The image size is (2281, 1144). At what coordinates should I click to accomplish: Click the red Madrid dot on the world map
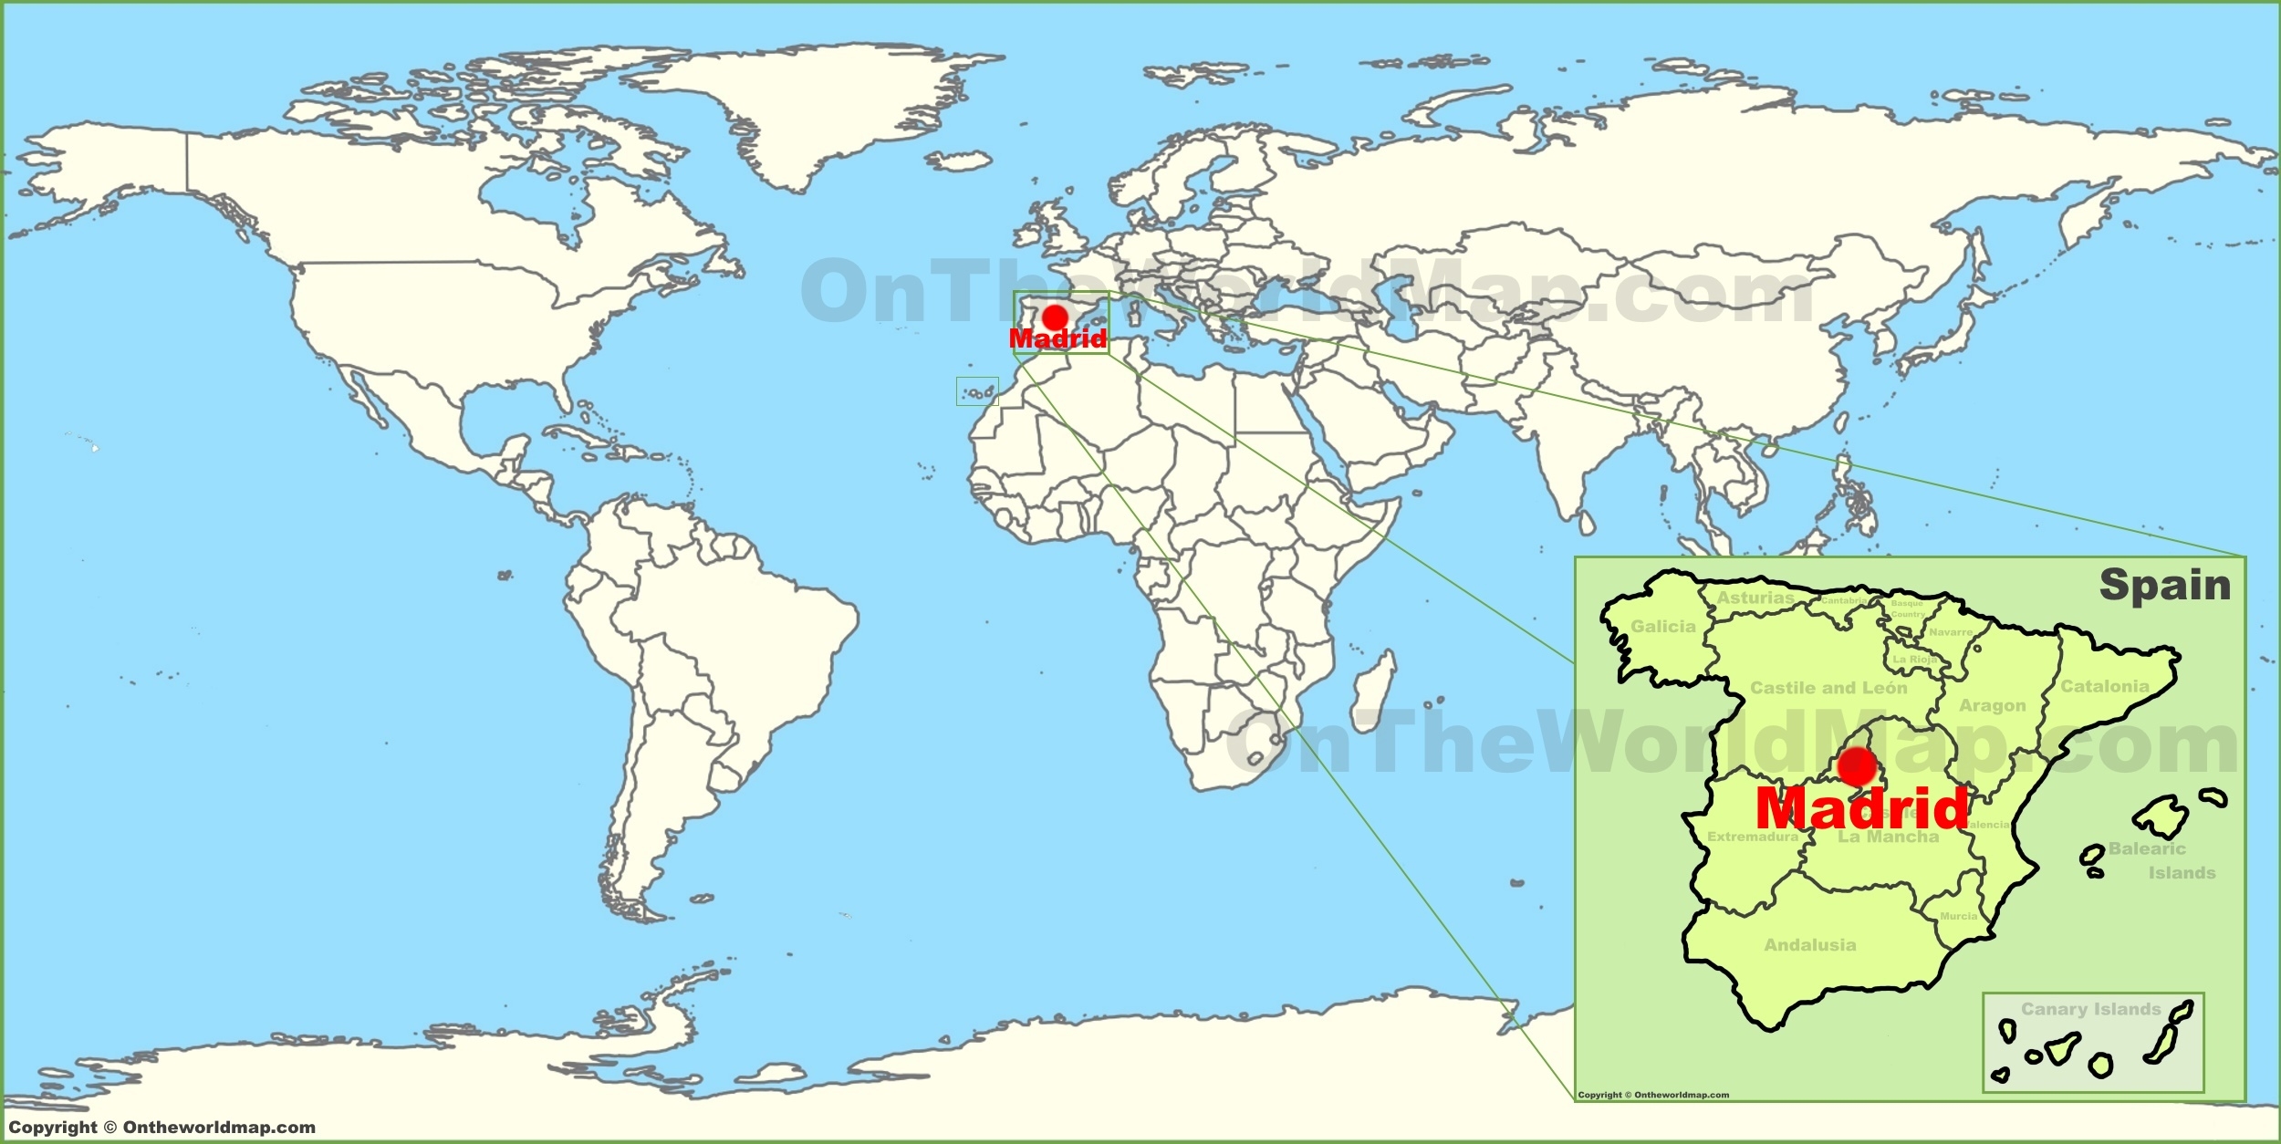pyautogui.click(x=1055, y=317)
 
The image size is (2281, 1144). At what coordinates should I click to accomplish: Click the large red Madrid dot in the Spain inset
pyautogui.click(x=1857, y=766)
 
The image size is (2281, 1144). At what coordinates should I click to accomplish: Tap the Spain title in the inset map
pyautogui.click(x=2165, y=585)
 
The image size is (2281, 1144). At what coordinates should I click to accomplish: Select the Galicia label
pyautogui.click(x=1663, y=627)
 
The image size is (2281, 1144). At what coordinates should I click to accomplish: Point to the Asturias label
pyautogui.click(x=1755, y=598)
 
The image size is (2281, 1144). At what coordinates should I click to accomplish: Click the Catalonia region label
pyautogui.click(x=2105, y=686)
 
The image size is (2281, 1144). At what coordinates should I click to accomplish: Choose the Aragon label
pyautogui.click(x=1993, y=705)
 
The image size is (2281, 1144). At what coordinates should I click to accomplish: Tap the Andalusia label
pyautogui.click(x=1810, y=945)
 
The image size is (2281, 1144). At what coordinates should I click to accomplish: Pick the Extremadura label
pyautogui.click(x=1753, y=837)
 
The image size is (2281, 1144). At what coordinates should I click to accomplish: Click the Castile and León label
pyautogui.click(x=1828, y=688)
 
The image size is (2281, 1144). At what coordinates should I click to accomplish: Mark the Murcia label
pyautogui.click(x=1959, y=916)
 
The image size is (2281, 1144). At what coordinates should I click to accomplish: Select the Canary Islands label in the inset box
pyautogui.click(x=2091, y=1009)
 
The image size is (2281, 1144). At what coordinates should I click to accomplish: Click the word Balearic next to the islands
pyautogui.click(x=2147, y=848)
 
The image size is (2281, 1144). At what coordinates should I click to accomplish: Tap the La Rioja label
pyautogui.click(x=1913, y=659)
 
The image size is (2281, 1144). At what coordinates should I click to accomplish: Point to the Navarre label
pyautogui.click(x=1951, y=632)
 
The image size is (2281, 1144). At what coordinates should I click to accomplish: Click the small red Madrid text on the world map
pyautogui.click(x=1057, y=338)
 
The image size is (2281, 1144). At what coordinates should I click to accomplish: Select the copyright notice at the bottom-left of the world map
pyautogui.click(x=161, y=1128)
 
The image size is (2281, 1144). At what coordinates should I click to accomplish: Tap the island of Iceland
pyautogui.click(x=959, y=162)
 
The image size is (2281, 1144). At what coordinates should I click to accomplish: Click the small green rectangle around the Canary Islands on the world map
pyautogui.click(x=977, y=391)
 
